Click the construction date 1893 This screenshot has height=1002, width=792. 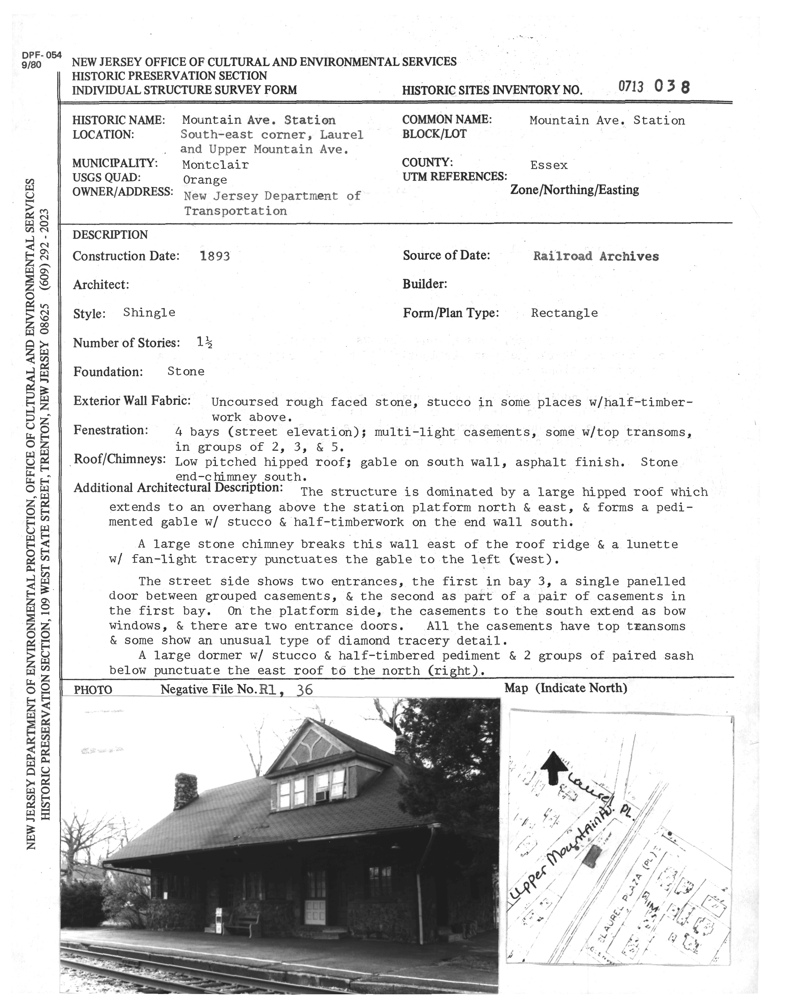(215, 256)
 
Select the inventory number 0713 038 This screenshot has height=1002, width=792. (654, 87)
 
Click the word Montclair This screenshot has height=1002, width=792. (215, 164)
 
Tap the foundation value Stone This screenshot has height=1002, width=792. (186, 371)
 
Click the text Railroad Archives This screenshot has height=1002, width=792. (596, 256)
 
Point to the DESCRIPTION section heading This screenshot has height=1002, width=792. (110, 235)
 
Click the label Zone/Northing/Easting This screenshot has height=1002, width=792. (575, 190)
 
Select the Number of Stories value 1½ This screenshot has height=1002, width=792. (204, 343)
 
